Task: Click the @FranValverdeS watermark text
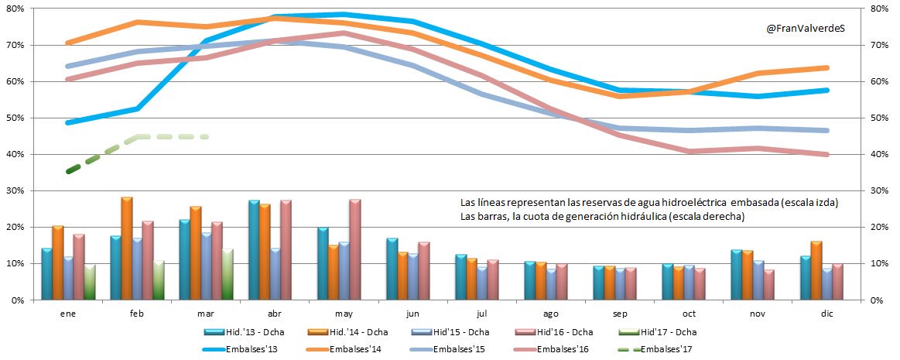click(x=805, y=29)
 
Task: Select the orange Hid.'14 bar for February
click(x=126, y=249)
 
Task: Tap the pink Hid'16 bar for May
click(x=355, y=250)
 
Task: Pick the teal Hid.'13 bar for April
click(x=254, y=250)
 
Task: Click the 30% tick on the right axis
click(x=882, y=190)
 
